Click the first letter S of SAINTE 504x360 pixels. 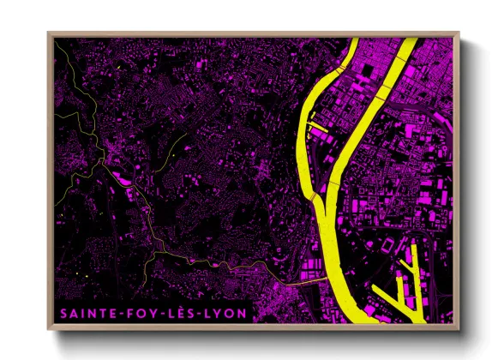63,315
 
